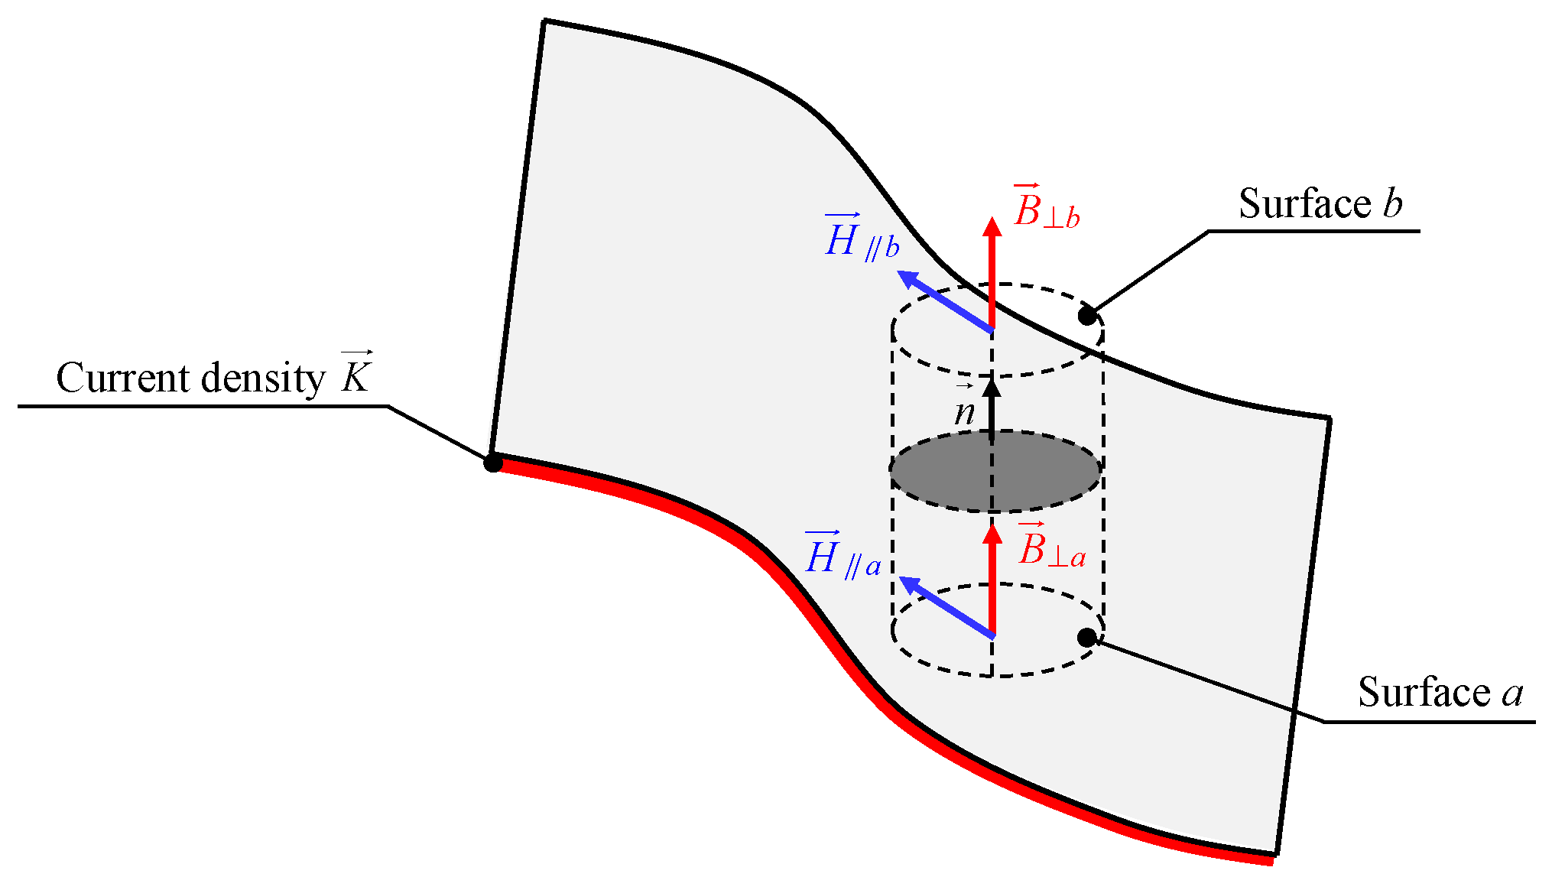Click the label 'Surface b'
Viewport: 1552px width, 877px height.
pos(1320,204)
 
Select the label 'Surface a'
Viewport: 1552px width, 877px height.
pos(1440,693)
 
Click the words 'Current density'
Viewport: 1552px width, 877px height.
pos(191,378)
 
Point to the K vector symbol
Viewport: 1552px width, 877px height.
pos(356,374)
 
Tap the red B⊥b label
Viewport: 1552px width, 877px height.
pos(1045,209)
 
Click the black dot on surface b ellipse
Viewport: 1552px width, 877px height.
pos(1087,315)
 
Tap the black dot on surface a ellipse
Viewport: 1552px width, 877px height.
pos(1086,637)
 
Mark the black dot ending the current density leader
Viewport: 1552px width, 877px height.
pos(493,463)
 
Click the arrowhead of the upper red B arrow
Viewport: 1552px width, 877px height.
pos(992,227)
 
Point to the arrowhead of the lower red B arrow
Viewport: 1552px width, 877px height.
pos(992,533)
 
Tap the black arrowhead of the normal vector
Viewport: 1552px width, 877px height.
pos(992,387)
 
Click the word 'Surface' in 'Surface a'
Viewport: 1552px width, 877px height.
pos(1423,693)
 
